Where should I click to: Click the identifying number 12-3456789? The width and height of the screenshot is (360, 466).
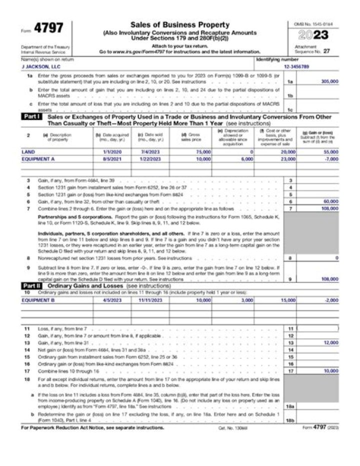point(296,66)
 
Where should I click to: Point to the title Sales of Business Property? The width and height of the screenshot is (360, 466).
point(180,25)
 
